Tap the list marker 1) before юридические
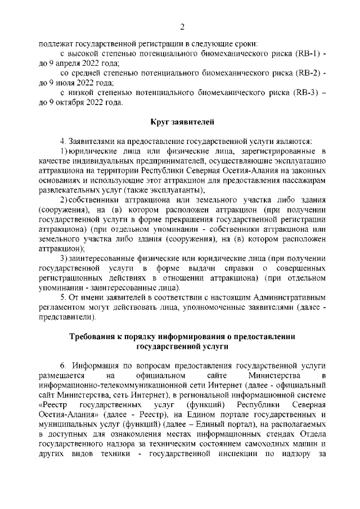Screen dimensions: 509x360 pyautogui.click(x=63, y=152)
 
